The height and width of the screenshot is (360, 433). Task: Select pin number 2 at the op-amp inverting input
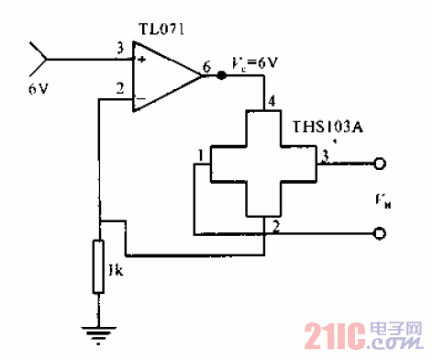(x=119, y=89)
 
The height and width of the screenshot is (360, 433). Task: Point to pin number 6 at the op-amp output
(x=206, y=66)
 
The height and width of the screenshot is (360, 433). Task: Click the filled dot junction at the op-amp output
(x=221, y=76)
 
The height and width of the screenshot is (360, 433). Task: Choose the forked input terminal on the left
(x=38, y=59)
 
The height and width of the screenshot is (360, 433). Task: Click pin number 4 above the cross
(x=270, y=101)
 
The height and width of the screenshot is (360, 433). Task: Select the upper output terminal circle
(x=379, y=165)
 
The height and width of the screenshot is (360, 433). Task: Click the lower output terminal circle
(x=379, y=235)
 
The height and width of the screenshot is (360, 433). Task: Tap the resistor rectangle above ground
(x=99, y=265)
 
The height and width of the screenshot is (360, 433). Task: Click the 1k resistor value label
(x=116, y=272)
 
